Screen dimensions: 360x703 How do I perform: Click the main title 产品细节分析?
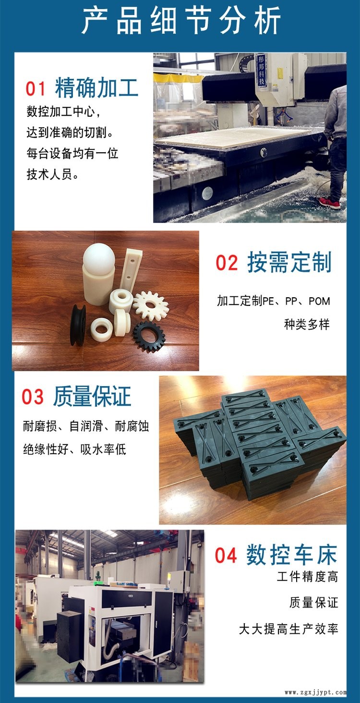click(x=181, y=21)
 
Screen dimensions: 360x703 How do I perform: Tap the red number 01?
click(x=36, y=88)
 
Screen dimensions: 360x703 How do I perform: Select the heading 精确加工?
click(x=96, y=87)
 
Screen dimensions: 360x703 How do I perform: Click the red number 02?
click(x=227, y=263)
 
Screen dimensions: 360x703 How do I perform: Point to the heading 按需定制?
click(x=289, y=262)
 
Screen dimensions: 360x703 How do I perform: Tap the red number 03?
click(x=33, y=397)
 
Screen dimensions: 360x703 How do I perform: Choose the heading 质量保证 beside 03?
click(x=92, y=396)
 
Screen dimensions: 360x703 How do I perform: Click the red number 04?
click(x=226, y=555)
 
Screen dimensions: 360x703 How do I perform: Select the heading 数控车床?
click(x=291, y=555)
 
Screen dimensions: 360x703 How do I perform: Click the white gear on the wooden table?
click(x=151, y=305)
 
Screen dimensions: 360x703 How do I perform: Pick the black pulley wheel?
click(x=78, y=325)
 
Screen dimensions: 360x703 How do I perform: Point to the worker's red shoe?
click(x=330, y=203)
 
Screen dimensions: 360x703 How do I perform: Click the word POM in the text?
click(x=319, y=301)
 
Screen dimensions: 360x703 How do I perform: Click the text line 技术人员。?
click(x=52, y=174)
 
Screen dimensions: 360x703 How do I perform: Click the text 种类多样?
click(x=307, y=324)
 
